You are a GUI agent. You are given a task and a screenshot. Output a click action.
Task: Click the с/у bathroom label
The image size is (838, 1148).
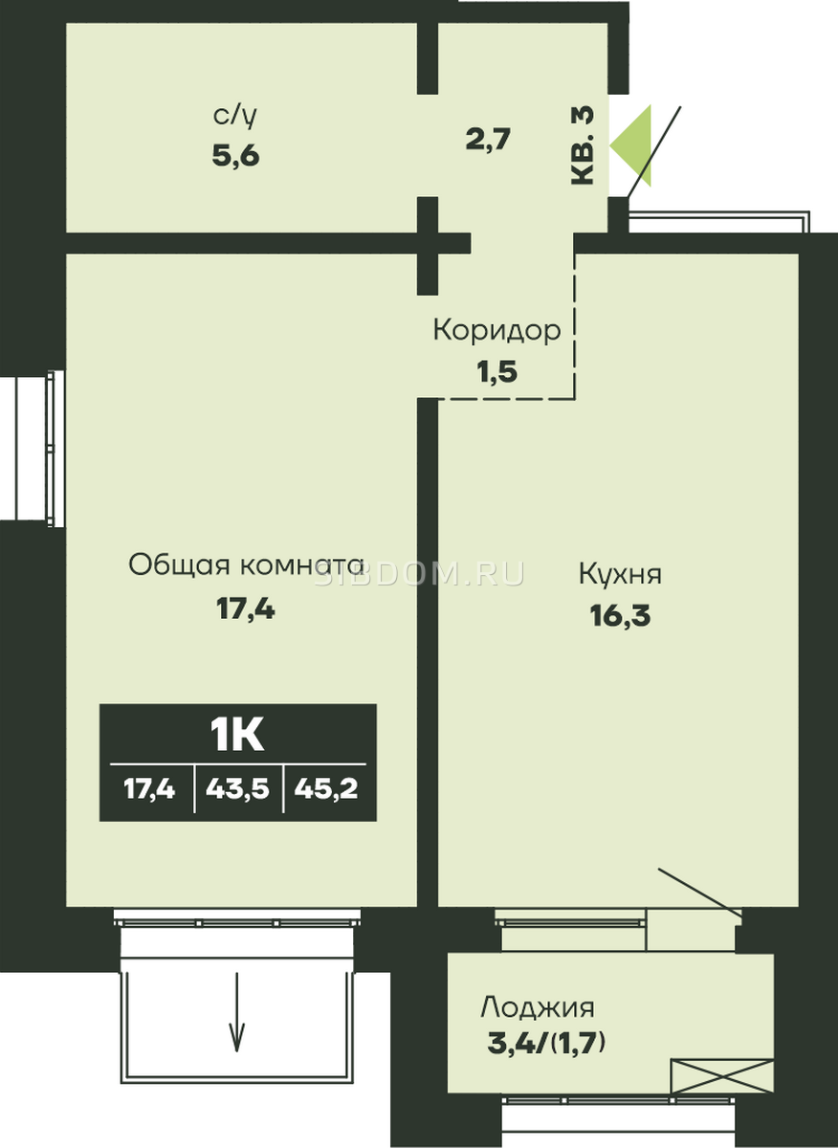tap(235, 118)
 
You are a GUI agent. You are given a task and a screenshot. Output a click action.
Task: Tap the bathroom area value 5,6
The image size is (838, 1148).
tap(235, 155)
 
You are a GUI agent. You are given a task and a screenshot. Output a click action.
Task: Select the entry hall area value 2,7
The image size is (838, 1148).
tap(489, 139)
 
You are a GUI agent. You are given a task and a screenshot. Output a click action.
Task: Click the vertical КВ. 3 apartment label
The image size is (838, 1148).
tap(583, 145)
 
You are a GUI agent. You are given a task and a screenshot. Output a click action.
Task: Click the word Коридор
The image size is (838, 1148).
tap(497, 331)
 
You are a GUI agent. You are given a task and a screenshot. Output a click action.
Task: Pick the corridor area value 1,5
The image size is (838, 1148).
tap(497, 371)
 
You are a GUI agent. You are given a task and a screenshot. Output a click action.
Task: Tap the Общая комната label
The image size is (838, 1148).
tap(246, 565)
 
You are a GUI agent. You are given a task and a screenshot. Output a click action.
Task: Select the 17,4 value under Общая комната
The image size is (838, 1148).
tap(246, 609)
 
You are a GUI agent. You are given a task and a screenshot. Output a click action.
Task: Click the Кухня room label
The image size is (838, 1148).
tap(620, 574)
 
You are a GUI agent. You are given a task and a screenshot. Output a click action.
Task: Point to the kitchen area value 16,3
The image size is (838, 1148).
tap(620, 615)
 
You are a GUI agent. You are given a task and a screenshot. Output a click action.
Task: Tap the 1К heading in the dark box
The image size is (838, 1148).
tap(238, 736)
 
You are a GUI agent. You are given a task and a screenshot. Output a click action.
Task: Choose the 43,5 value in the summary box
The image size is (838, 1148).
tap(238, 789)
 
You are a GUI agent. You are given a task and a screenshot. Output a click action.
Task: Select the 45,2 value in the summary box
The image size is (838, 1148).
tap(326, 789)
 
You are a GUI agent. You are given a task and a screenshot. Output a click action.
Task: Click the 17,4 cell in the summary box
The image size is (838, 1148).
tap(149, 789)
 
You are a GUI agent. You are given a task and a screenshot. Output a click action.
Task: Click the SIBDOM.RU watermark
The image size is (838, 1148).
tap(419, 574)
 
